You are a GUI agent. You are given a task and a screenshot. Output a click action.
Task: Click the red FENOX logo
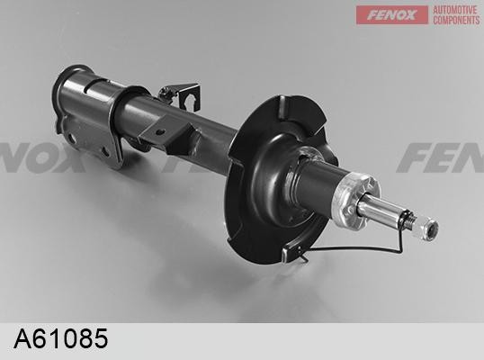click(392, 14)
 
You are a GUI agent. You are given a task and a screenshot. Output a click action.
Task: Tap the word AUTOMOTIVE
click(454, 10)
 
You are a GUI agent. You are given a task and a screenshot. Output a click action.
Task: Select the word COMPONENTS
click(456, 20)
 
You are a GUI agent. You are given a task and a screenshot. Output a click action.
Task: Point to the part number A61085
click(61, 338)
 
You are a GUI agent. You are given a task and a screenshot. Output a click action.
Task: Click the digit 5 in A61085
click(101, 338)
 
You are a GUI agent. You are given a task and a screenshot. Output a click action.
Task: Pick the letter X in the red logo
click(409, 14)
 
